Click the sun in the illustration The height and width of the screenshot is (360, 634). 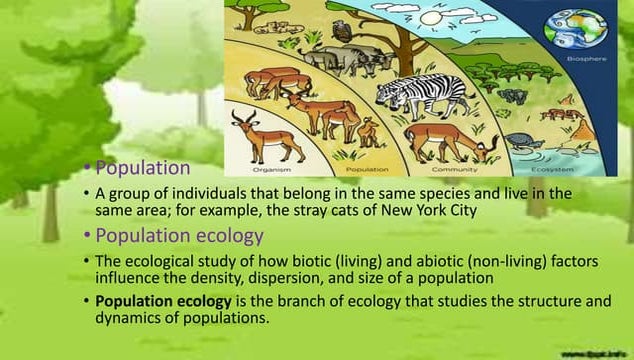click(433, 18)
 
